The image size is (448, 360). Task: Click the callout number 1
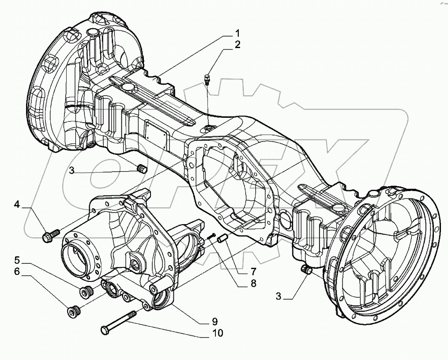(237, 34)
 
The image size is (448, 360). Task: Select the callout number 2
(237, 45)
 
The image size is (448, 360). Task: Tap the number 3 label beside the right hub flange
(278, 296)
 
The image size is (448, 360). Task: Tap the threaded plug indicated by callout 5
(86, 292)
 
